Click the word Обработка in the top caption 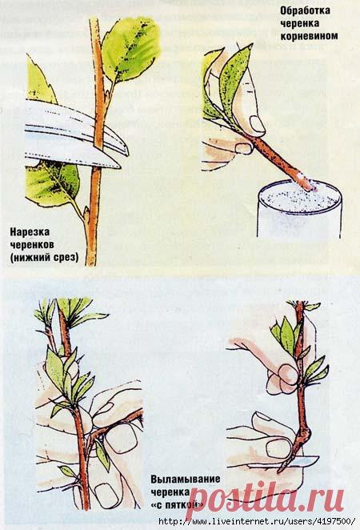click(x=306, y=11)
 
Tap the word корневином click(x=309, y=36)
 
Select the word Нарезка click(x=30, y=232)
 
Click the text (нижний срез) click(x=44, y=258)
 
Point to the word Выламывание click(x=186, y=480)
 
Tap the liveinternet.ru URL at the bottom click(x=257, y=521)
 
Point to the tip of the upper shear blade click(x=128, y=154)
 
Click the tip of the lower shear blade click(x=120, y=167)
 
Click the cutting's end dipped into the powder click(x=314, y=185)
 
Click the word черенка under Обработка click(x=299, y=23)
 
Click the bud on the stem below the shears click(x=86, y=215)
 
